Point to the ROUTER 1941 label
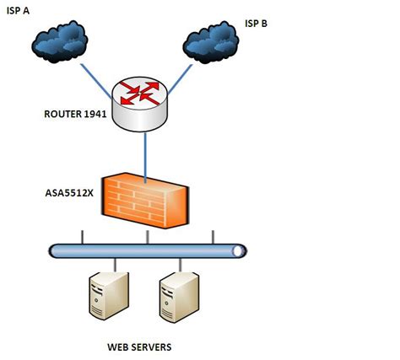(74, 114)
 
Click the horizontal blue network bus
(148, 250)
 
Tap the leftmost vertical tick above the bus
(81, 236)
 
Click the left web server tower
(108, 294)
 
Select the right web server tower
(178, 294)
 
